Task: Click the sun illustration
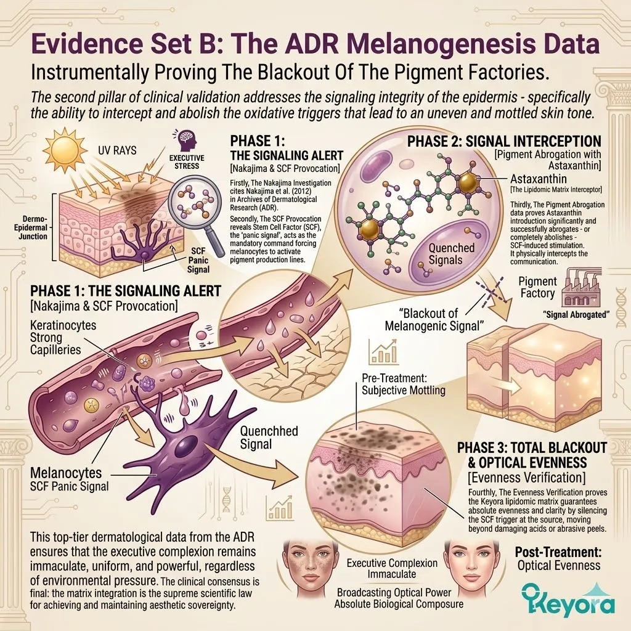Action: [x=65, y=150]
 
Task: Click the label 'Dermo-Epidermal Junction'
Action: [x=33, y=227]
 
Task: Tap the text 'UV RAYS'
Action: [x=117, y=150]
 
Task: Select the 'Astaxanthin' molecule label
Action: [x=539, y=179]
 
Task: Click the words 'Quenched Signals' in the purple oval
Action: [x=446, y=253]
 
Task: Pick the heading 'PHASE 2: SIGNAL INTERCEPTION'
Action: [x=504, y=141]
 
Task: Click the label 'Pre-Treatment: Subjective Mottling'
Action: [x=404, y=384]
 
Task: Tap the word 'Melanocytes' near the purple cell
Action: [x=66, y=473]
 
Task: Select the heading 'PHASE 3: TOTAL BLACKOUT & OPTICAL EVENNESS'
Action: [x=532, y=455]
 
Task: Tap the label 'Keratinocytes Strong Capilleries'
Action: [x=63, y=337]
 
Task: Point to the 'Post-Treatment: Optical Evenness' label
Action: [x=558, y=558]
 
